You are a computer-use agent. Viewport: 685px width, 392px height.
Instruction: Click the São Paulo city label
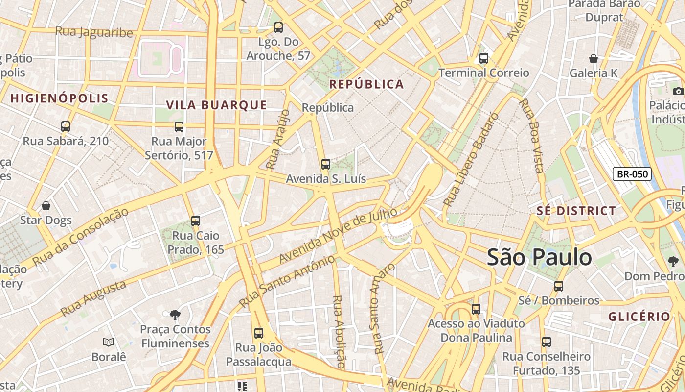[x=539, y=257]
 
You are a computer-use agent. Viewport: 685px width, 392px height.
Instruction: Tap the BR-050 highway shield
[x=632, y=173]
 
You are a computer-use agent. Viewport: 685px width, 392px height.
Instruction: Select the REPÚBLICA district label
[x=366, y=84]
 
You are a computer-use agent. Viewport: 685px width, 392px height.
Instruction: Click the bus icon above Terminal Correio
[x=484, y=58]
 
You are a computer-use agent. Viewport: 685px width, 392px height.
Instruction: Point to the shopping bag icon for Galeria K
[x=594, y=59]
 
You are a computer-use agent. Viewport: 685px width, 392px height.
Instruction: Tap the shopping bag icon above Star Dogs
[x=46, y=205]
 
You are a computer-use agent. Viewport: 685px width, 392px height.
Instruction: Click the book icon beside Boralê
[x=109, y=342]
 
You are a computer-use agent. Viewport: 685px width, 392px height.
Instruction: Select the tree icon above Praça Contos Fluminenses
[x=175, y=314]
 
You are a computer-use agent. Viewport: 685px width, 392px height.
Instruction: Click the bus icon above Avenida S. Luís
[x=326, y=164]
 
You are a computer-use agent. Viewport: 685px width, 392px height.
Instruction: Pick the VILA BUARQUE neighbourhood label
[x=216, y=105]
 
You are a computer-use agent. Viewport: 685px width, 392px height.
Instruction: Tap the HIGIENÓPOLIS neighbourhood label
[x=59, y=98]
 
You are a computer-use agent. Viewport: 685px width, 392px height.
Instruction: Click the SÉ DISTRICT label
[x=576, y=211]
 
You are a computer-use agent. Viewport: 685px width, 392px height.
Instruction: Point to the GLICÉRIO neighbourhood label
[x=639, y=317]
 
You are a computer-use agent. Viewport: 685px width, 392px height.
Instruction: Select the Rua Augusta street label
[x=93, y=298]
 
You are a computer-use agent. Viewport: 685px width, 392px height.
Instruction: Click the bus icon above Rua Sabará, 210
[x=66, y=126]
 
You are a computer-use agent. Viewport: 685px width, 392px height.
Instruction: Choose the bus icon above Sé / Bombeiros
[x=559, y=286]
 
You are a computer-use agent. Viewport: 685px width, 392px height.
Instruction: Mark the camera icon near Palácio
[x=678, y=91]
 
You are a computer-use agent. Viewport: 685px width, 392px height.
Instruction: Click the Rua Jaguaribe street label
[x=94, y=32]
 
